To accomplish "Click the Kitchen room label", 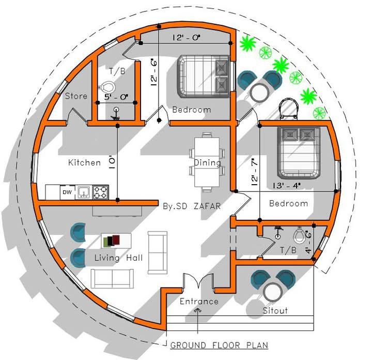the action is pyautogui.click(x=84, y=162).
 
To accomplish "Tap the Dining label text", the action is pyautogui.click(x=208, y=162).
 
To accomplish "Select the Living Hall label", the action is pyautogui.click(x=119, y=258).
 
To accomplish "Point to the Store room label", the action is pyautogui.click(x=76, y=96).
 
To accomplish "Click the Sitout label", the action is pyautogui.click(x=275, y=311).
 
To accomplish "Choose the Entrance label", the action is pyautogui.click(x=199, y=302).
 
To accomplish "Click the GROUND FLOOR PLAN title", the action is pyautogui.click(x=219, y=345).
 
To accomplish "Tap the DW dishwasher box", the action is pyautogui.click(x=67, y=192).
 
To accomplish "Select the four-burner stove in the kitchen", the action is pyautogui.click(x=101, y=192).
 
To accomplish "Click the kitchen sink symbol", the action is pyautogui.click(x=84, y=192).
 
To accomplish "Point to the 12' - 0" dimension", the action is pyautogui.click(x=187, y=38).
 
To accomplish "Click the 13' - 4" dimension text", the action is pyautogui.click(x=287, y=185).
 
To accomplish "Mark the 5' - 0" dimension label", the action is pyautogui.click(x=116, y=97).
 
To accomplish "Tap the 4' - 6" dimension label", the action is pyautogui.click(x=308, y=242).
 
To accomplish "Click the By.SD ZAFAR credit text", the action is pyautogui.click(x=192, y=206).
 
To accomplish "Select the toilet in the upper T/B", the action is pyautogui.click(x=107, y=87).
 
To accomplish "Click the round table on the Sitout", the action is pyautogui.click(x=273, y=292).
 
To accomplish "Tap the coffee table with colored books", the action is pyautogui.click(x=116, y=241).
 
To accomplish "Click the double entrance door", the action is pyautogui.click(x=198, y=281).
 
